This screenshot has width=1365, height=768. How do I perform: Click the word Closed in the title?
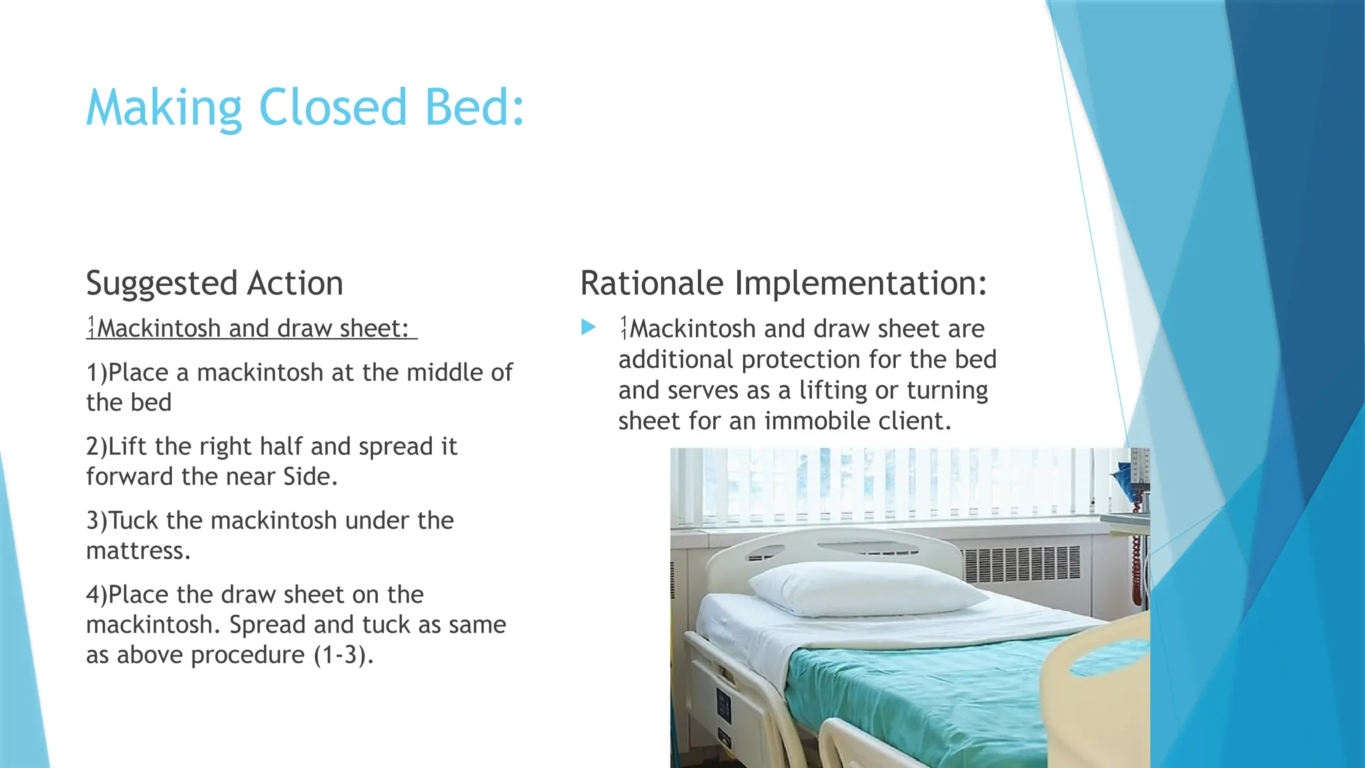(x=332, y=107)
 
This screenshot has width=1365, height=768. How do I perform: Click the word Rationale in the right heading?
(x=651, y=283)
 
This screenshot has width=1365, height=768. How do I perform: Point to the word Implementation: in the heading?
(x=860, y=284)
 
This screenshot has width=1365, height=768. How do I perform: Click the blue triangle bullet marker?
(x=588, y=327)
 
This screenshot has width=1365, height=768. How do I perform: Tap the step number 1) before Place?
(x=97, y=373)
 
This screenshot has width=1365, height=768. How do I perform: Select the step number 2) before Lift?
(x=97, y=447)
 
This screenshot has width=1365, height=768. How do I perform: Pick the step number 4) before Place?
(x=97, y=595)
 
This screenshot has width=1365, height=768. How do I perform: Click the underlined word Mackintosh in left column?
(x=158, y=329)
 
